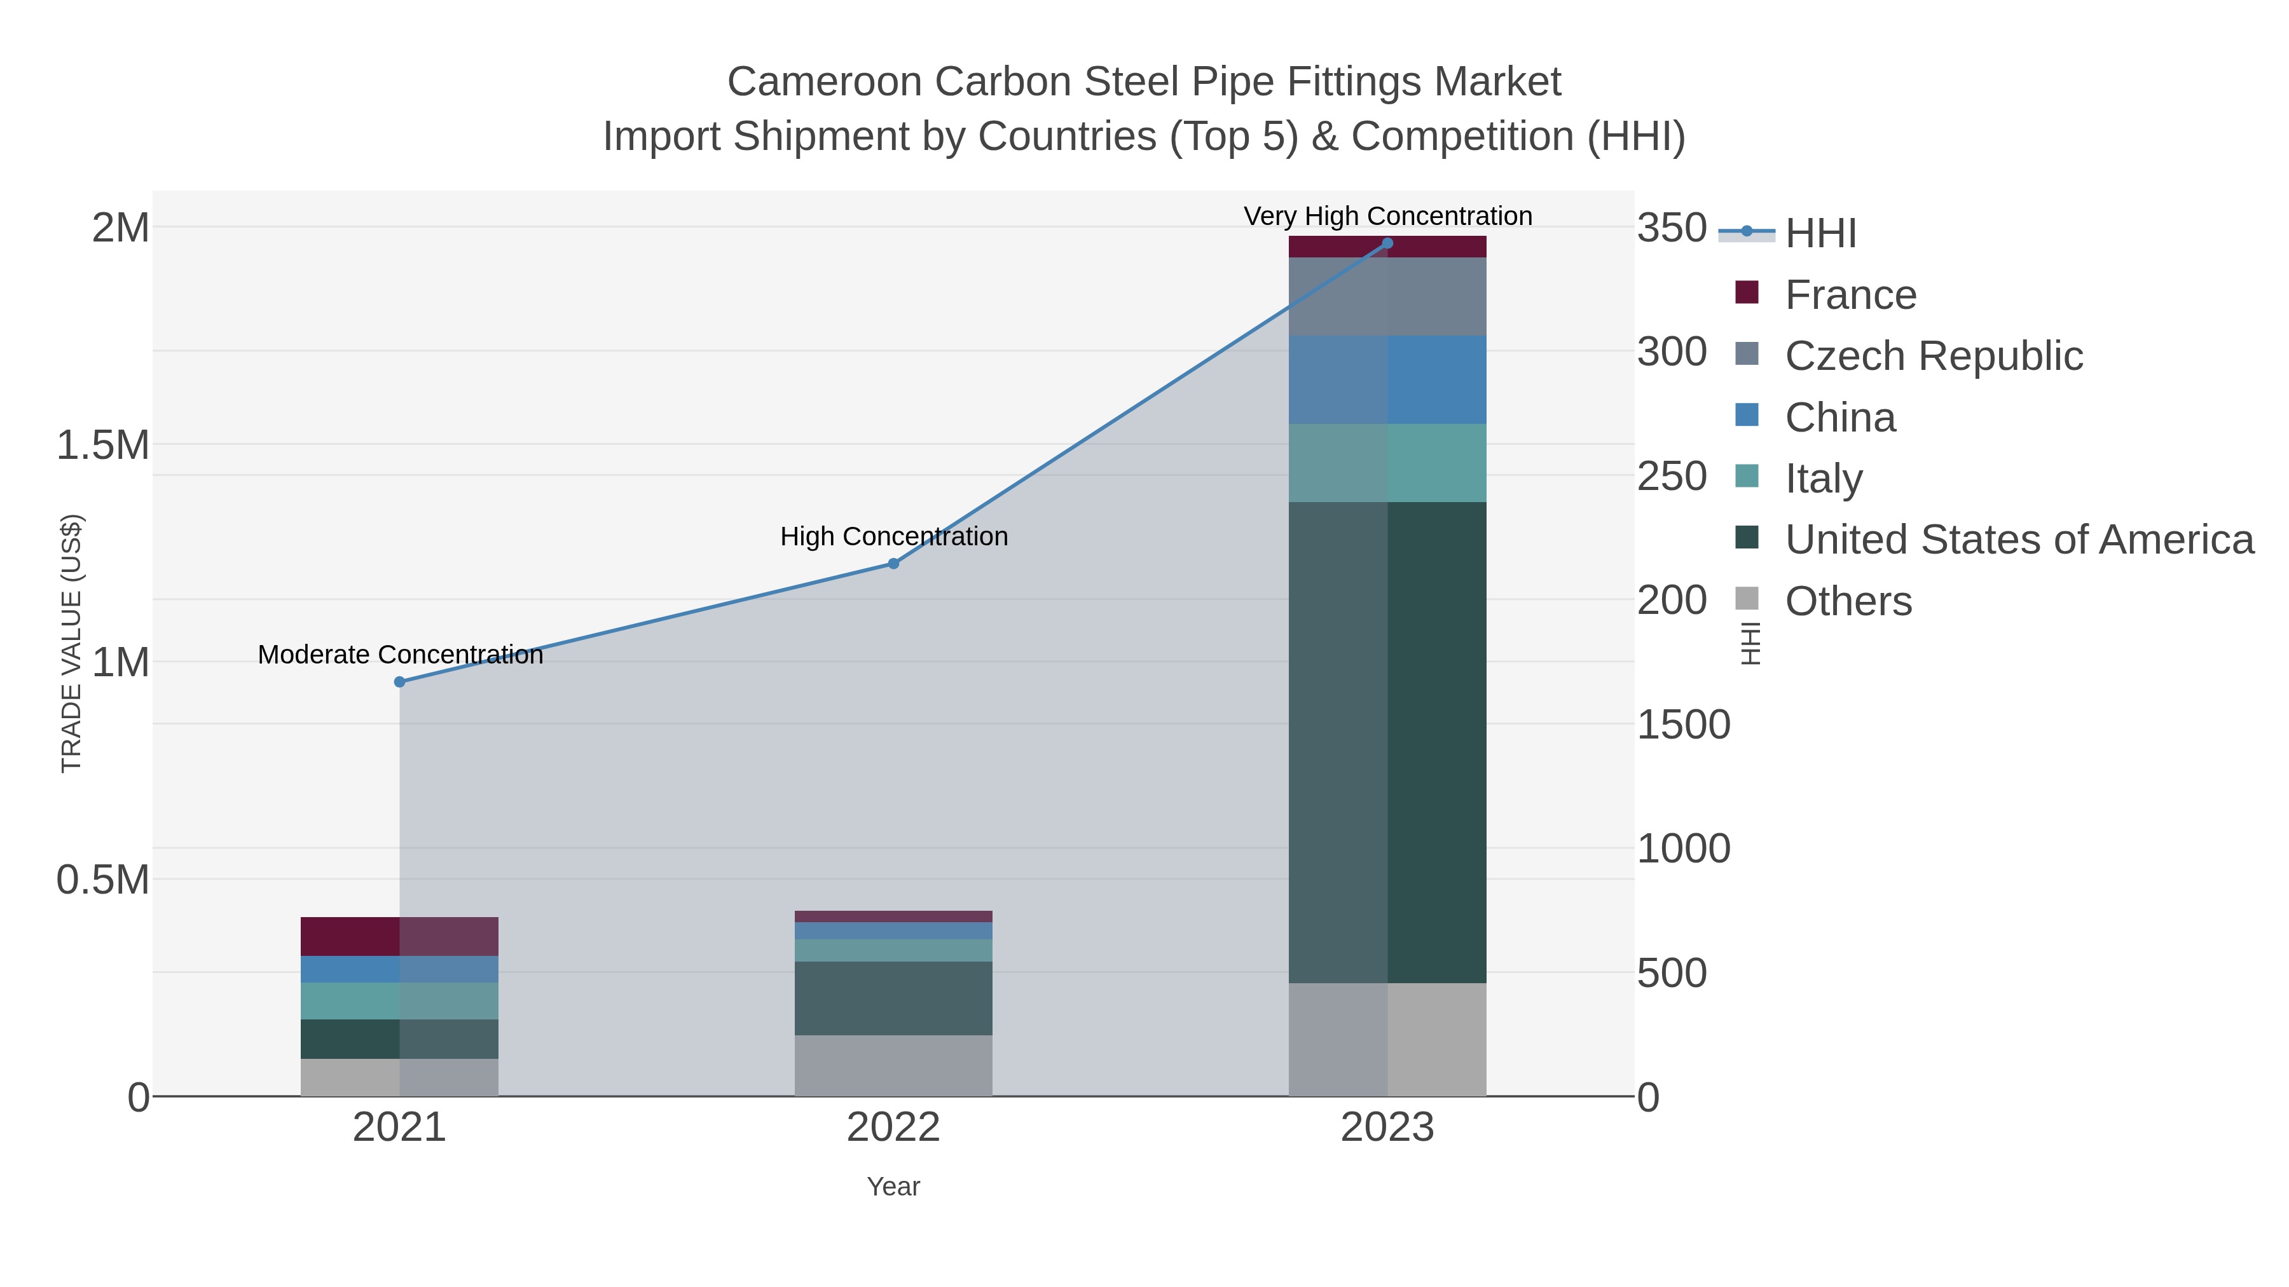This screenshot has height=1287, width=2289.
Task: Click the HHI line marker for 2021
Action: click(x=400, y=682)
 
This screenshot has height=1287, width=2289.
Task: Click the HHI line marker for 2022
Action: click(x=894, y=564)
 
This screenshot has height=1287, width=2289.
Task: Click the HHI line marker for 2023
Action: click(x=1388, y=243)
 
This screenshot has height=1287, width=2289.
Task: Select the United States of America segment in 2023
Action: click(x=1388, y=742)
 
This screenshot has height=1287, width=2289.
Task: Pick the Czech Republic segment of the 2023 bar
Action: click(x=1388, y=297)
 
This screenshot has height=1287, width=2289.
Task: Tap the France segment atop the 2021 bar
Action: click(x=400, y=936)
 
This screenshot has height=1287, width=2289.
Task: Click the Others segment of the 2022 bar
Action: click(x=894, y=1065)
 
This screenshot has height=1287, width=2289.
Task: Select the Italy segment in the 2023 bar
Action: click(x=1388, y=463)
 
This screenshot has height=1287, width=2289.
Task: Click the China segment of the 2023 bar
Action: click(x=1388, y=380)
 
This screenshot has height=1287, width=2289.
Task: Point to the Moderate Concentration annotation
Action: click(x=400, y=655)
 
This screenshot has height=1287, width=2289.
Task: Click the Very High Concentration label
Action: click(x=1388, y=217)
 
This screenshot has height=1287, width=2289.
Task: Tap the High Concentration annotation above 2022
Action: click(x=894, y=537)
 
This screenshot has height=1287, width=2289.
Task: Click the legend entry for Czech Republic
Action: click(x=1934, y=356)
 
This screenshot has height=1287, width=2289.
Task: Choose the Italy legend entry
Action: click(x=1824, y=479)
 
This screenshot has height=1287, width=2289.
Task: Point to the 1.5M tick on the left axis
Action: click(x=103, y=445)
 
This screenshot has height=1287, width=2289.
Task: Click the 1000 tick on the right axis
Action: click(x=1683, y=849)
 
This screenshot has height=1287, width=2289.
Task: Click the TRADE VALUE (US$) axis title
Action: click(x=71, y=643)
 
